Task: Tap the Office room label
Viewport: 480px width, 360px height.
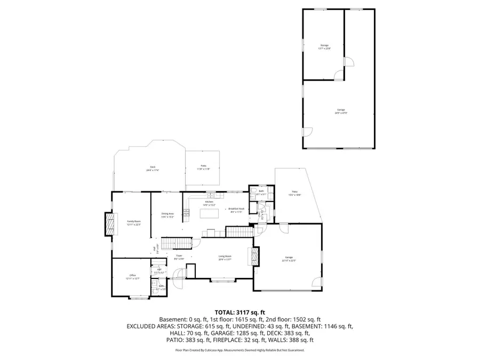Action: pyautogui.click(x=133, y=275)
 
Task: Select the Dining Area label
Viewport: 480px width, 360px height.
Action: pyautogui.click(x=168, y=214)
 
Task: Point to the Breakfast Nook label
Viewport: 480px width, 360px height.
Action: pyautogui.click(x=236, y=209)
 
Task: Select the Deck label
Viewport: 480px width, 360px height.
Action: pyautogui.click(x=153, y=168)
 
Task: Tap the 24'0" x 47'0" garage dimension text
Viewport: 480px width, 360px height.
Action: pyautogui.click(x=341, y=113)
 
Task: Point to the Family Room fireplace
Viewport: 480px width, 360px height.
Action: pyautogui.click(x=110, y=224)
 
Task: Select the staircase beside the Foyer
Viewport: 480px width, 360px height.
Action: pyautogui.click(x=177, y=244)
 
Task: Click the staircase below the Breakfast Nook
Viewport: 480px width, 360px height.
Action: pyautogui.click(x=239, y=231)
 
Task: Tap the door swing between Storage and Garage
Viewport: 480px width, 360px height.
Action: pyautogui.click(x=338, y=76)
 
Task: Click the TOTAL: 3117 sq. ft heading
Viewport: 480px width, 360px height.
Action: pyautogui.click(x=239, y=312)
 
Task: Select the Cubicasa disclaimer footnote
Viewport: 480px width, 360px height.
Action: pyautogui.click(x=239, y=350)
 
